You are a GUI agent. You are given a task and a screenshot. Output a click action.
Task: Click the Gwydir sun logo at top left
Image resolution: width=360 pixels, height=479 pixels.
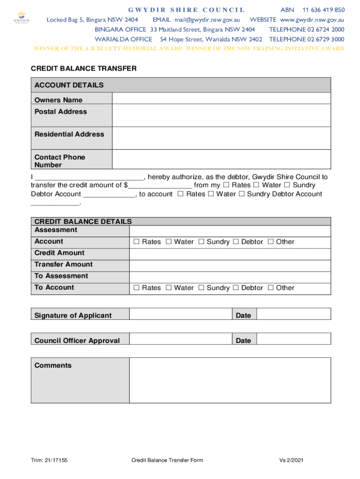(x=22, y=17)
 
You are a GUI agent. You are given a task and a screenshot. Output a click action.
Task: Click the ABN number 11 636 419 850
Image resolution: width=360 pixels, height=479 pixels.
(x=324, y=10)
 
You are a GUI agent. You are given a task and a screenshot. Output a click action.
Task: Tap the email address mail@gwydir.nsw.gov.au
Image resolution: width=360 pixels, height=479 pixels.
(x=207, y=20)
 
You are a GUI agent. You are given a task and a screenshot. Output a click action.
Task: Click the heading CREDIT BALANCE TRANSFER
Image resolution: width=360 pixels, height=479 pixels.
(x=84, y=69)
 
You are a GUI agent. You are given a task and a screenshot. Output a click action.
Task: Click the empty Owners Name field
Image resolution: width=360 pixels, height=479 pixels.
(x=221, y=98)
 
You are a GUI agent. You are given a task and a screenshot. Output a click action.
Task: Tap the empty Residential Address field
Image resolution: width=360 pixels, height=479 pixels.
(x=221, y=138)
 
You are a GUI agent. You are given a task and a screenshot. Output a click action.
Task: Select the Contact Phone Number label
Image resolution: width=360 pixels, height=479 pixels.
(x=60, y=161)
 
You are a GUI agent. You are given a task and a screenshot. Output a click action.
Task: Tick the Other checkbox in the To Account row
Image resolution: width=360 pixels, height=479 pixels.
(x=271, y=288)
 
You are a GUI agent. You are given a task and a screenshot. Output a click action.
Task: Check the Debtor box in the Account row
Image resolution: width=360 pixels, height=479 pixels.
(x=236, y=242)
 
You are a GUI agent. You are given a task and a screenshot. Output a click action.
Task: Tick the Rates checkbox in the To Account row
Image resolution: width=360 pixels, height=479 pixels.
(x=137, y=288)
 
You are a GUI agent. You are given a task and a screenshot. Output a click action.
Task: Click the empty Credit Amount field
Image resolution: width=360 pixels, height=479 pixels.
(x=230, y=254)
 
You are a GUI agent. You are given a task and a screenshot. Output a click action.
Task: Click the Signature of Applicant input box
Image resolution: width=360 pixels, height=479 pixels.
(x=180, y=314)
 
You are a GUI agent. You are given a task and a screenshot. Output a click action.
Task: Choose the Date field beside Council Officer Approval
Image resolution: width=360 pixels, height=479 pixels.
(x=294, y=339)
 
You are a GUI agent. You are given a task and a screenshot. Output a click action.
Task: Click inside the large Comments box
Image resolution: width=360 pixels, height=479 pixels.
(x=230, y=380)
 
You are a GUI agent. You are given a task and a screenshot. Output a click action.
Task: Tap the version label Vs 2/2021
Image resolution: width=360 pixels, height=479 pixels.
(x=292, y=460)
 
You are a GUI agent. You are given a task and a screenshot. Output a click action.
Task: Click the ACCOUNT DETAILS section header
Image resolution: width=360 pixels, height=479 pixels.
(x=69, y=85)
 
